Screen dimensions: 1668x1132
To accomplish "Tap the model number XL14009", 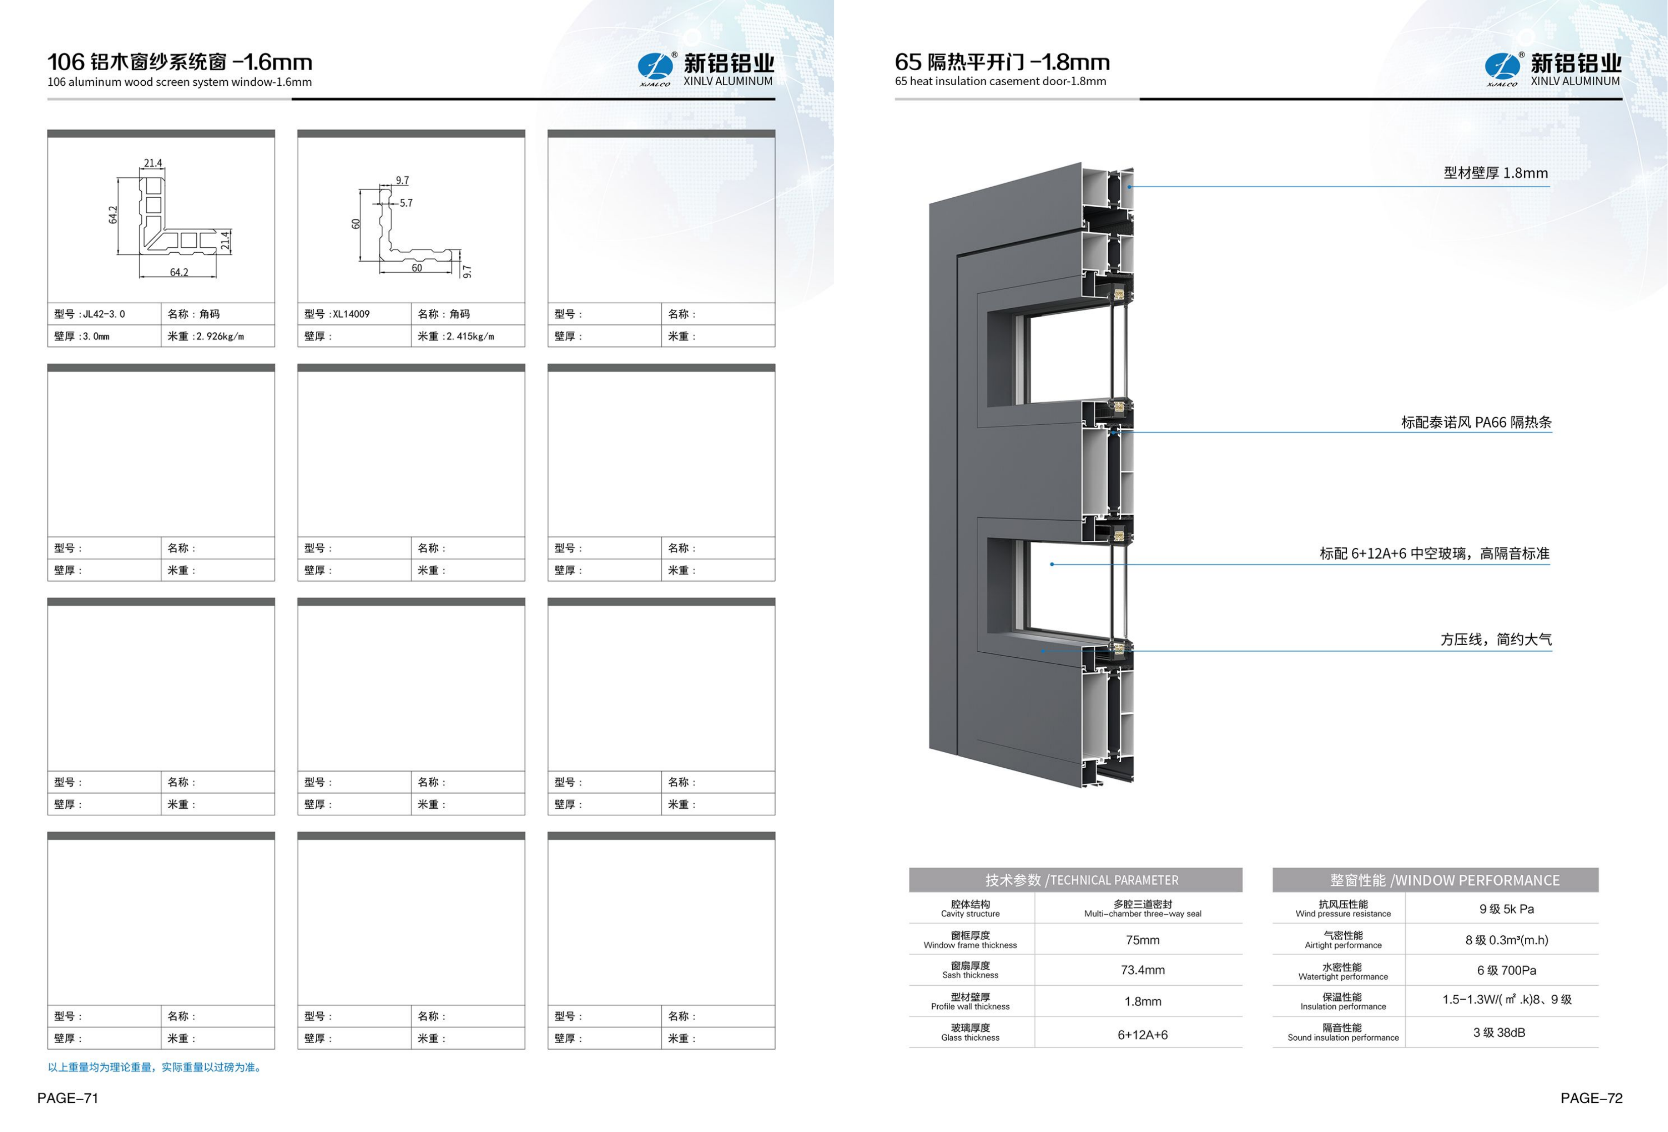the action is (351, 314).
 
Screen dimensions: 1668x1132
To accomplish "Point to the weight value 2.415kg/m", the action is (470, 336).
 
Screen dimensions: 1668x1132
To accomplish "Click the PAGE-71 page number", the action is (68, 1098).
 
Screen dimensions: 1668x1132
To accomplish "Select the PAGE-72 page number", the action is (1591, 1098).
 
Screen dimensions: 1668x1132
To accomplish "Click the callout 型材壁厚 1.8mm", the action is (1496, 173).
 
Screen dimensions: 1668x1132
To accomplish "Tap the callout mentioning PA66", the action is (1476, 422).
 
